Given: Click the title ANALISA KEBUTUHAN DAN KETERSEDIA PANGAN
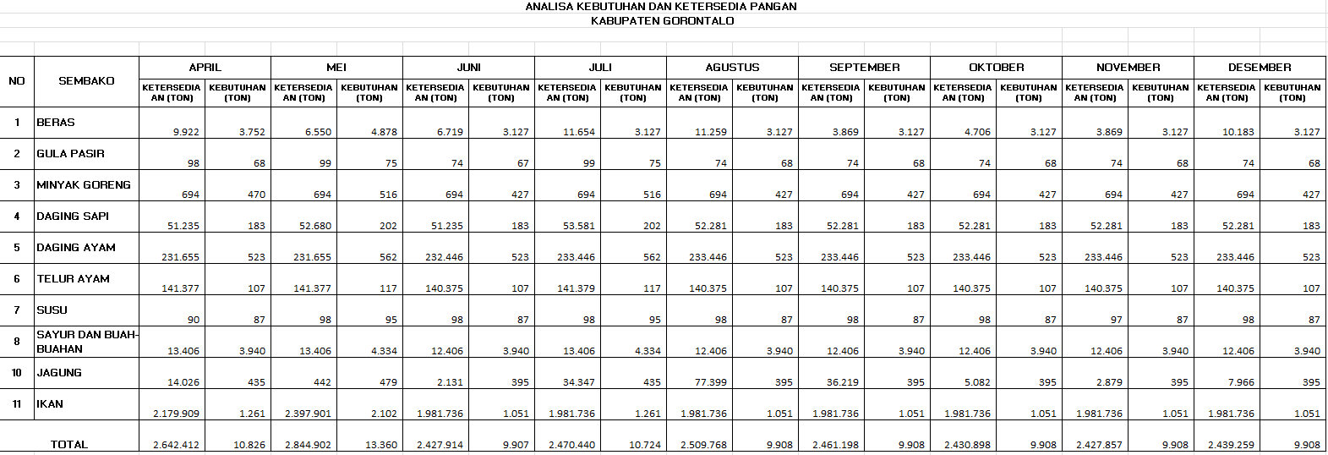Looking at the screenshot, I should (x=661, y=7).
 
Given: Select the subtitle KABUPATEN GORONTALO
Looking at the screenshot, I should (x=662, y=21).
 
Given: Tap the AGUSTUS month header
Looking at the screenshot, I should (x=732, y=68).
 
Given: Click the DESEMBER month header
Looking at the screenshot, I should (x=1260, y=68).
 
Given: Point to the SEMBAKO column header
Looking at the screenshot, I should (x=86, y=81).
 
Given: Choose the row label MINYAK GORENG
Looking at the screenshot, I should (x=84, y=185).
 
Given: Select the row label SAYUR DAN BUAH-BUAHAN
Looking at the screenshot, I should (x=86, y=342).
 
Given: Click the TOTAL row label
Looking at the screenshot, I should (x=69, y=445).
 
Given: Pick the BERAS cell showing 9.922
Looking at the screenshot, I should (x=186, y=132).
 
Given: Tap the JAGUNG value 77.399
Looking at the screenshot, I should (x=711, y=382).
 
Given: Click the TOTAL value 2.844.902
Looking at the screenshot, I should (x=308, y=445).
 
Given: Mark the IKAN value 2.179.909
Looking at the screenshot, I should (x=176, y=414).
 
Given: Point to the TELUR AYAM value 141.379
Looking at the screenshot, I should (x=576, y=288).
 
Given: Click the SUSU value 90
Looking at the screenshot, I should (x=194, y=320).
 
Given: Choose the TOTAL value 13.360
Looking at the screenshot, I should (x=380, y=445).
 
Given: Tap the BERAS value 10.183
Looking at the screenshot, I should (x=1238, y=132).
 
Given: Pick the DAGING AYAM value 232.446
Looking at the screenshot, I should (x=444, y=257).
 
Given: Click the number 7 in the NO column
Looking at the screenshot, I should (x=17, y=310).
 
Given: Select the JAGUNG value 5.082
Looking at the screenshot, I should (x=977, y=382).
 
